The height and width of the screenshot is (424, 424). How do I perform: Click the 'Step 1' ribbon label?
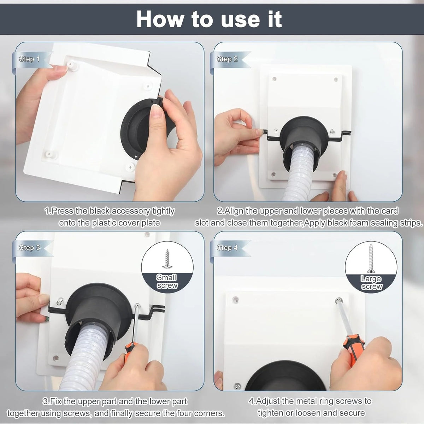(x=29, y=59)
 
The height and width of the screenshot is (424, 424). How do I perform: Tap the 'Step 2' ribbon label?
(x=227, y=59)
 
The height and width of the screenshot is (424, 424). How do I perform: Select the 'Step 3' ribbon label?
(x=29, y=248)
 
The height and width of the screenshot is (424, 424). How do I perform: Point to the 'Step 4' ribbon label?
(x=227, y=248)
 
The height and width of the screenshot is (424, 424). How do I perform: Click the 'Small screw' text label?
(x=166, y=281)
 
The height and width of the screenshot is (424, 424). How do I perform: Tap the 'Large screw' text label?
(x=371, y=283)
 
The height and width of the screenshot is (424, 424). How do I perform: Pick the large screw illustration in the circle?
(x=371, y=258)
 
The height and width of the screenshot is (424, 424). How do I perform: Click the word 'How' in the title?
(x=160, y=19)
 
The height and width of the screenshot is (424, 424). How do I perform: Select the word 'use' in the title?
(x=241, y=21)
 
